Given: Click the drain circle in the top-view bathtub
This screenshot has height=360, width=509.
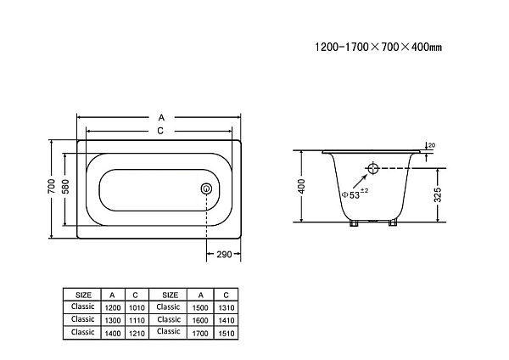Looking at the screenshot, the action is pos(206,188).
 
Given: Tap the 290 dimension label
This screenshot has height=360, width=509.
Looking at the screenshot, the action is pos(224,254).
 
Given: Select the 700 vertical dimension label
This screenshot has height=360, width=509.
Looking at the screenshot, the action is pos(51,186).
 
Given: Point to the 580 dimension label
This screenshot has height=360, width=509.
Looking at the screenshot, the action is pos(65,186).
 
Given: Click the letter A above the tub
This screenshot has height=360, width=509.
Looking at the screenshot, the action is pos(161,117).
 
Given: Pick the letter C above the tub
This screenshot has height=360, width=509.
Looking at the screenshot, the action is pos(160,131).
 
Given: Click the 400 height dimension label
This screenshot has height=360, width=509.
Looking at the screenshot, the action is pos(301,186).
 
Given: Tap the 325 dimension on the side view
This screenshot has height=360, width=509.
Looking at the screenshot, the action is pos(438,194).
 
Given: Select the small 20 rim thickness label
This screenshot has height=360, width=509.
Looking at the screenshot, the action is pos(432,145).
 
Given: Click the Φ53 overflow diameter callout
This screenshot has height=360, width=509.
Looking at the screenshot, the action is pos(355,194).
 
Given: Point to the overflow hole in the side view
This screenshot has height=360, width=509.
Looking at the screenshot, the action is pos(373,168).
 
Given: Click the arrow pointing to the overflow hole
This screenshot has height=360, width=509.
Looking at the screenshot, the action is pos(361,181).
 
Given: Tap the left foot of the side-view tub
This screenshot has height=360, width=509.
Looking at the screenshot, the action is pos(353,223).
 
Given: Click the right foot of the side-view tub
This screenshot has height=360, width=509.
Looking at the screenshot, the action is pos(393,223).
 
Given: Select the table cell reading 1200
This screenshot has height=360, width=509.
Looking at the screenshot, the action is pos(113,307).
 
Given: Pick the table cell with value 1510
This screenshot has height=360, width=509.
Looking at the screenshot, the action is pos(227,333).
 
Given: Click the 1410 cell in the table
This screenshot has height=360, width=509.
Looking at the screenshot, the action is pos(227,320).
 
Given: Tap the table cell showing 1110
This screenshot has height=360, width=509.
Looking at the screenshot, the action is pos(137,320).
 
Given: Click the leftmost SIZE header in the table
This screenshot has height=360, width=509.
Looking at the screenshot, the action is pos(83,295).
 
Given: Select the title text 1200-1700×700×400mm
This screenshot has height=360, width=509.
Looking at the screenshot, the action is pos(378,47).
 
